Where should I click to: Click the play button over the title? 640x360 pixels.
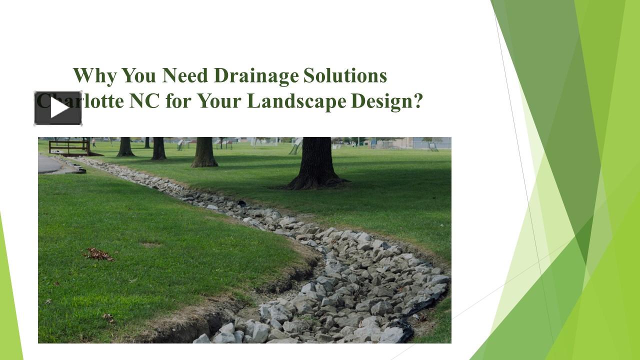click(x=58, y=108)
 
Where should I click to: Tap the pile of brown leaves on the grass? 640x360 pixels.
click(x=99, y=254)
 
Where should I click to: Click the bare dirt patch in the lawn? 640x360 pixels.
click(x=150, y=245)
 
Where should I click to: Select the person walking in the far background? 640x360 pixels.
click(x=93, y=143)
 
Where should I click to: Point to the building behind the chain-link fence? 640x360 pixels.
click(x=400, y=143)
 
